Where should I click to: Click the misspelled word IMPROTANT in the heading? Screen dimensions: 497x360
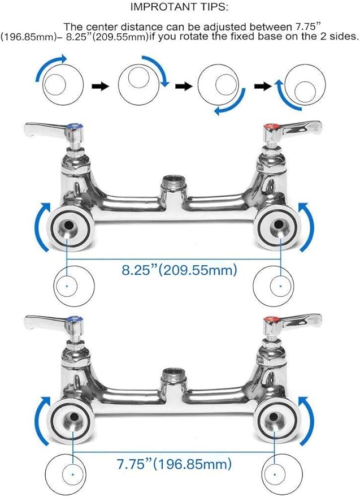click(x=155, y=7)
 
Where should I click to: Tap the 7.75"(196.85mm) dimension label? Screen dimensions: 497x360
click(x=175, y=465)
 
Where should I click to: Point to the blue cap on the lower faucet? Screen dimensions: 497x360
click(x=72, y=322)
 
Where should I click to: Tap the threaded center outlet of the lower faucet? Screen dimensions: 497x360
click(x=170, y=375)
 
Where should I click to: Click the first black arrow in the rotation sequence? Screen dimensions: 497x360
click(x=100, y=87)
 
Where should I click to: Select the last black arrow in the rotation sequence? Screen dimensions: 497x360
click(x=262, y=86)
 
